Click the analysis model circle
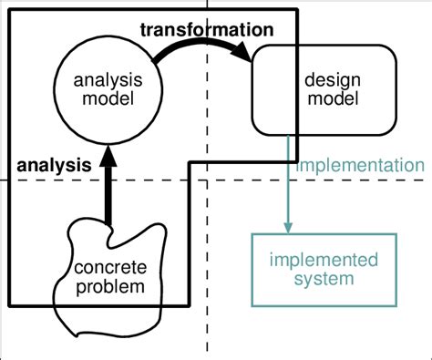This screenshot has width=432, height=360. (x=108, y=89)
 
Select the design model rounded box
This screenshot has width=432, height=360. (x=324, y=88)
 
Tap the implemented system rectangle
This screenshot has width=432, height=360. (x=324, y=270)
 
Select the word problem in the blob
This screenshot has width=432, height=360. (x=108, y=287)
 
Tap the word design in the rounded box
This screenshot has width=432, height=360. (x=324, y=80)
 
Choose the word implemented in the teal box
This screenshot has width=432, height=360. (x=324, y=261)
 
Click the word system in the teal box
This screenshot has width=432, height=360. (x=324, y=278)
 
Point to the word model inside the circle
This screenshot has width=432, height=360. (x=108, y=98)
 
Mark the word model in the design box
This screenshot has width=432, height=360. (x=324, y=98)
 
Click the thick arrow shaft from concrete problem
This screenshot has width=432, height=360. (x=108, y=191)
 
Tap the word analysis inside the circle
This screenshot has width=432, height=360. (x=108, y=80)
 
